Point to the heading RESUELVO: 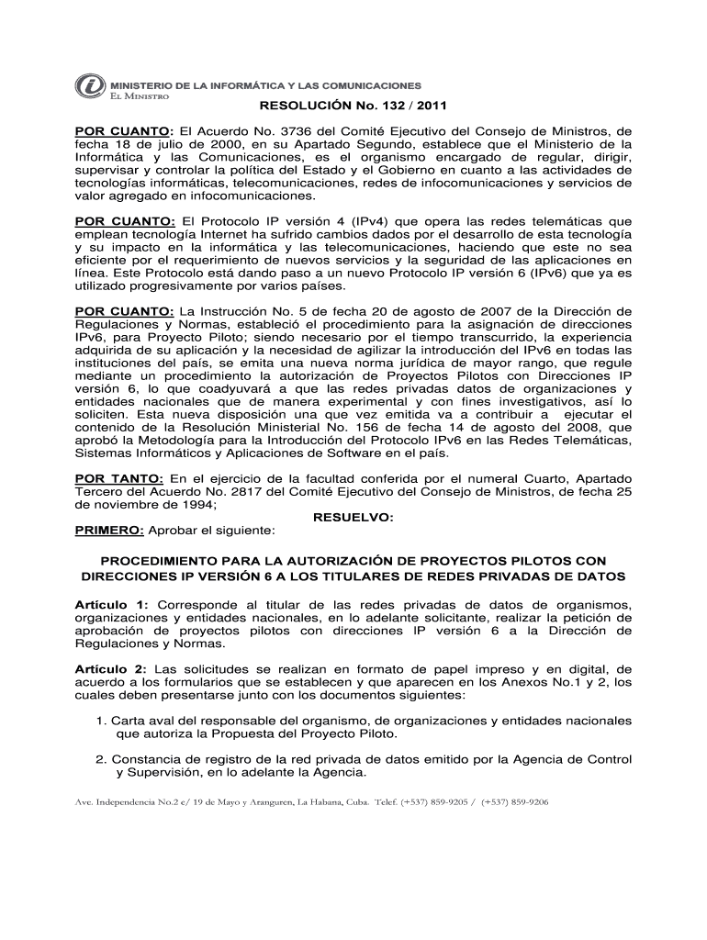point(353,518)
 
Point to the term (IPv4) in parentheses point(344,220)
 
